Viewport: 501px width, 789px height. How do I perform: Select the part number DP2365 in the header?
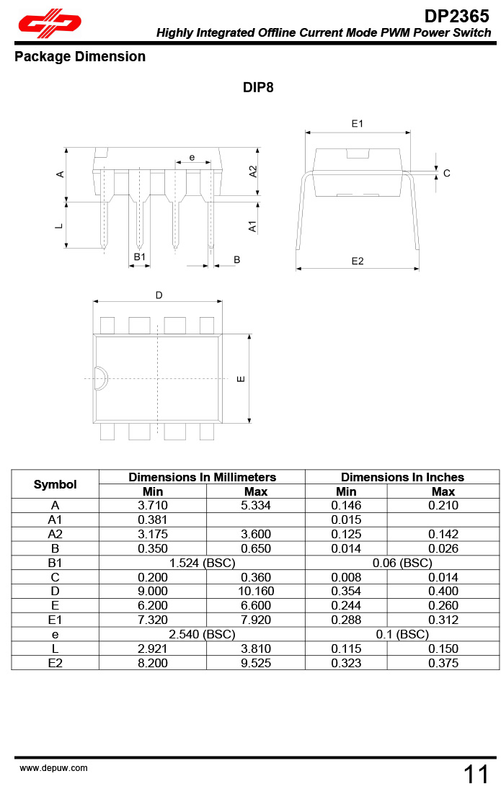click(x=456, y=16)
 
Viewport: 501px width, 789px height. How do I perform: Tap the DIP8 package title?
click(x=258, y=88)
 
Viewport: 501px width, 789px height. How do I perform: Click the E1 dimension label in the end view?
click(x=357, y=124)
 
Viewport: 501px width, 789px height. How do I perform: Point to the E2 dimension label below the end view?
click(x=358, y=261)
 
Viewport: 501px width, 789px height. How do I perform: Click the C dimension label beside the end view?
click(x=447, y=173)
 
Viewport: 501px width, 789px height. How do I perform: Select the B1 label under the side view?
click(x=140, y=257)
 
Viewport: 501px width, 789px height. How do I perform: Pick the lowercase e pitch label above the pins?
click(x=192, y=157)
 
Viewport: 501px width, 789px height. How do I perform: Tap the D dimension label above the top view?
click(x=159, y=295)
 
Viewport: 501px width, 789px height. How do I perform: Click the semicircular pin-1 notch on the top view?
click(x=100, y=378)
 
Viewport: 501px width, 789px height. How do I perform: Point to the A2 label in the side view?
click(x=253, y=171)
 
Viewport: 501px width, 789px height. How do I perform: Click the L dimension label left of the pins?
click(x=59, y=226)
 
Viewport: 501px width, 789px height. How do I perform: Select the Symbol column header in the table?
click(x=55, y=484)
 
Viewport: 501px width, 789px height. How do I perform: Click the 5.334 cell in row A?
click(x=256, y=506)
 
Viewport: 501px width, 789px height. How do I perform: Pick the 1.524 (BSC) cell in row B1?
click(x=202, y=563)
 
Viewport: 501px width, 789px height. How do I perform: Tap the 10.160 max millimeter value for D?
click(x=256, y=592)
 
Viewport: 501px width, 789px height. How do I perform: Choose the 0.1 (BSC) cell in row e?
click(x=402, y=634)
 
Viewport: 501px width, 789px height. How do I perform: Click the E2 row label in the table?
click(x=55, y=663)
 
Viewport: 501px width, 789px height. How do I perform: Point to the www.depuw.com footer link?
click(x=53, y=768)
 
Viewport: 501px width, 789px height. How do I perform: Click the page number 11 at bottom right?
click(x=476, y=775)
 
